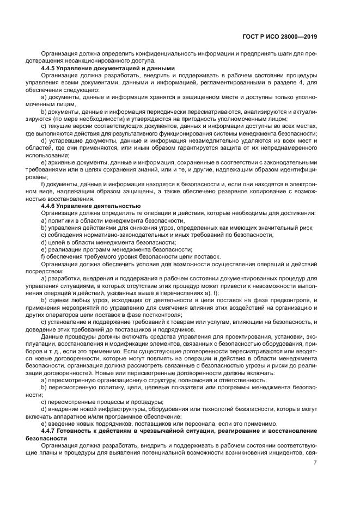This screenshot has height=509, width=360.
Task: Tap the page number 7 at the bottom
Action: pyautogui.click(x=315, y=463)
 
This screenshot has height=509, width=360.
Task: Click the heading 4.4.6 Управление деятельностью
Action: pyautogui.click(x=87, y=206)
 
